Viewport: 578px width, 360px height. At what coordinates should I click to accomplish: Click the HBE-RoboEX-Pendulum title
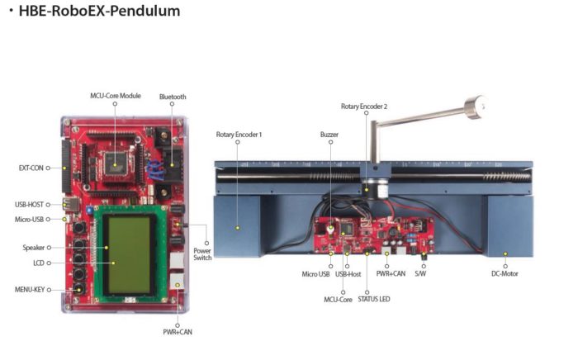(x=99, y=11)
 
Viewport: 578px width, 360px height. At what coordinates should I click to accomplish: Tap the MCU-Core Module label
(x=116, y=96)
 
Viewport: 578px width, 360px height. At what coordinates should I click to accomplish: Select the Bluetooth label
(x=173, y=97)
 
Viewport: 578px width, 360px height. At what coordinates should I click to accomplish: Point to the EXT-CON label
(x=31, y=168)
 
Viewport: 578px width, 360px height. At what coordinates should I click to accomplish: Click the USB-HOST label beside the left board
(x=29, y=205)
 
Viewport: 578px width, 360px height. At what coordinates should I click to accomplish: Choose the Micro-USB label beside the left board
(x=29, y=220)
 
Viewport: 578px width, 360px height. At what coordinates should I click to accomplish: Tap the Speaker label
(x=34, y=248)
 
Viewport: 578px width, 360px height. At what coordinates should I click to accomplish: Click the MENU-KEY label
(x=30, y=290)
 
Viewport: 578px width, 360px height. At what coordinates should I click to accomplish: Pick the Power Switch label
(x=202, y=254)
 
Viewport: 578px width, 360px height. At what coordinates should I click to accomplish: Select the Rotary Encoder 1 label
(x=239, y=135)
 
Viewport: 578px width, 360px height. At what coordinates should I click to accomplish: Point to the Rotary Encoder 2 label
(x=364, y=107)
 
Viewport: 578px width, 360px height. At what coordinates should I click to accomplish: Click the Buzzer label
(x=329, y=135)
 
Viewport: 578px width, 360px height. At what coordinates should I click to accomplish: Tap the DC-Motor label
(x=505, y=274)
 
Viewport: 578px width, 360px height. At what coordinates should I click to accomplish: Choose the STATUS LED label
(x=374, y=299)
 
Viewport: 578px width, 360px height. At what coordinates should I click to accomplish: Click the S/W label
(x=420, y=274)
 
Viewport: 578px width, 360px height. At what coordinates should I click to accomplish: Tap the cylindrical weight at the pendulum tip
(x=475, y=107)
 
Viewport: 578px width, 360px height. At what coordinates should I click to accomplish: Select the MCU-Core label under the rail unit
(x=338, y=300)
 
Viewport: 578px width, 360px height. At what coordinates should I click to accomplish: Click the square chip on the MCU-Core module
(x=115, y=163)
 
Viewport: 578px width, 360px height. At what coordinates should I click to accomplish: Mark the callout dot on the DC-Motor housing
(x=505, y=253)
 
